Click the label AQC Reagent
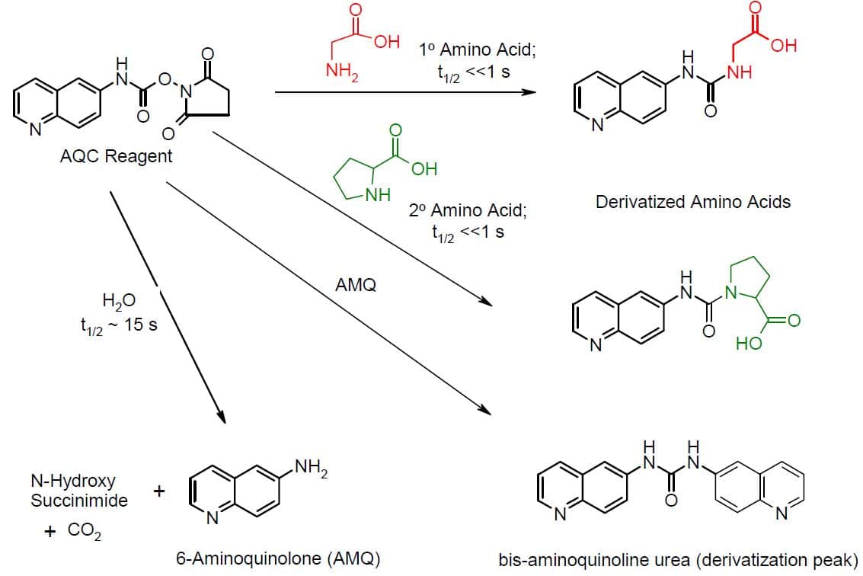117,157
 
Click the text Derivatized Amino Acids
693,203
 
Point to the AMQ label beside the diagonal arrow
356,286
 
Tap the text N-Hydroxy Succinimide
79,491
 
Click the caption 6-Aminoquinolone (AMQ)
276,558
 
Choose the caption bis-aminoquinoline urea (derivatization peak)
678,558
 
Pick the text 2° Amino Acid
468,211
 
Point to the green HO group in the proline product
750,344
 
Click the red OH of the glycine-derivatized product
784,46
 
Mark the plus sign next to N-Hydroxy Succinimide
159,491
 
